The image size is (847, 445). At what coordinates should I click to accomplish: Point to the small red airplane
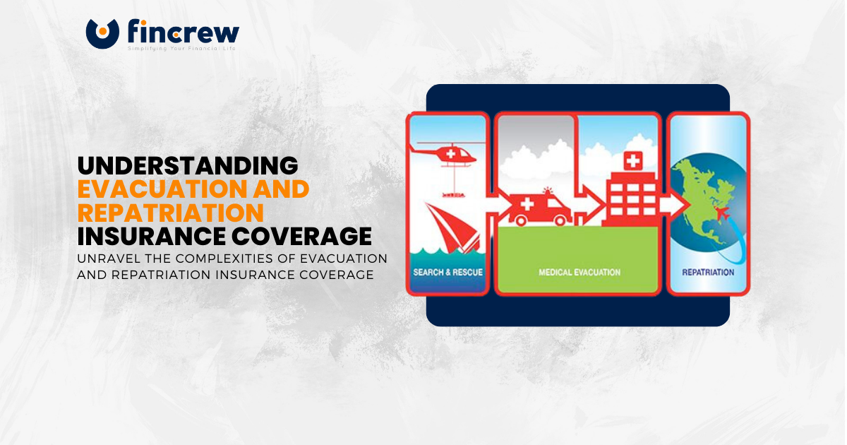[x=722, y=214]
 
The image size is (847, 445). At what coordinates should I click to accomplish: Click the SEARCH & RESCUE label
[x=447, y=272]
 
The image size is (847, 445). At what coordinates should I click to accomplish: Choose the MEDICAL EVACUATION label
[x=578, y=271]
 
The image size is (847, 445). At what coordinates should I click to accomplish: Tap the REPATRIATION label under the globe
[x=708, y=272]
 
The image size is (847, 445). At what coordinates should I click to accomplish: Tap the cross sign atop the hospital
[x=632, y=161]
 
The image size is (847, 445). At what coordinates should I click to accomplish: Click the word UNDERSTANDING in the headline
[x=188, y=165]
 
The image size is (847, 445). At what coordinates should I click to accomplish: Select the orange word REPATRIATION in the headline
[x=170, y=212]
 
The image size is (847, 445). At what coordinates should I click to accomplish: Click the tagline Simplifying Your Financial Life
[x=181, y=49]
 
